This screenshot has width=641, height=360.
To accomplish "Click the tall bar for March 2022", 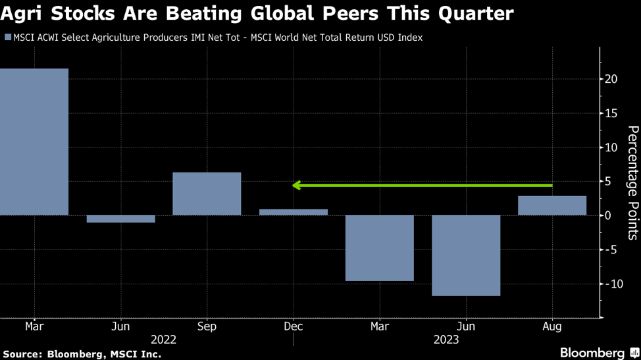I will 34,141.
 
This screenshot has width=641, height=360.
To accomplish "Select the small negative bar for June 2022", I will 120,219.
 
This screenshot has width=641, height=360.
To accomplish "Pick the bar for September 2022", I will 207,193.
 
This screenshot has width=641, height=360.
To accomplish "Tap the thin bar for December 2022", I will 293,212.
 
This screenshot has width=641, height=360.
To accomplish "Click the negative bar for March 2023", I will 380,248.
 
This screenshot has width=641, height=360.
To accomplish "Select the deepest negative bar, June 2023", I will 466,255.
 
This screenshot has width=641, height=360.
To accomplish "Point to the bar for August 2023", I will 552,205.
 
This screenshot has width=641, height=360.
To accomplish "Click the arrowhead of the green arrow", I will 297,186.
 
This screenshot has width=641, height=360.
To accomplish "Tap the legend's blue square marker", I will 8,38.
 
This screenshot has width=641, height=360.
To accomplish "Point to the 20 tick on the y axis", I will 611,79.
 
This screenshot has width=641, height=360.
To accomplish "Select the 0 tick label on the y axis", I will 609,215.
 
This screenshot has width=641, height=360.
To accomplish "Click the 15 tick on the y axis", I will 611,113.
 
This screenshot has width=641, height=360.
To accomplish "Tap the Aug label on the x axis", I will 552,326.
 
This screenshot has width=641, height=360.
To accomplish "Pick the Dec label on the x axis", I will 293,326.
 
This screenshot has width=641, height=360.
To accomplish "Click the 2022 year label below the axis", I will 163,340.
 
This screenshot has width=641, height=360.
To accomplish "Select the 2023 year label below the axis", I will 446,340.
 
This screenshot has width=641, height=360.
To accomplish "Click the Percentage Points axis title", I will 632,170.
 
